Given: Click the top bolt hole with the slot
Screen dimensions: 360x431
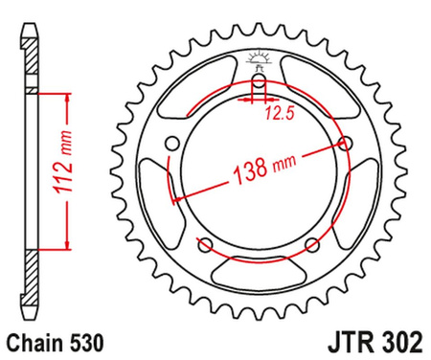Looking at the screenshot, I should tap(258, 79).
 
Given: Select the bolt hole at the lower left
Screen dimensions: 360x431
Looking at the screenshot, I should tap(207, 245).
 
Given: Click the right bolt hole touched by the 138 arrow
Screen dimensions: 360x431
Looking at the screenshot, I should tap(343, 144).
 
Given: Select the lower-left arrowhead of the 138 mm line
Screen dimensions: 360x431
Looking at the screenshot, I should tap(175, 196).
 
